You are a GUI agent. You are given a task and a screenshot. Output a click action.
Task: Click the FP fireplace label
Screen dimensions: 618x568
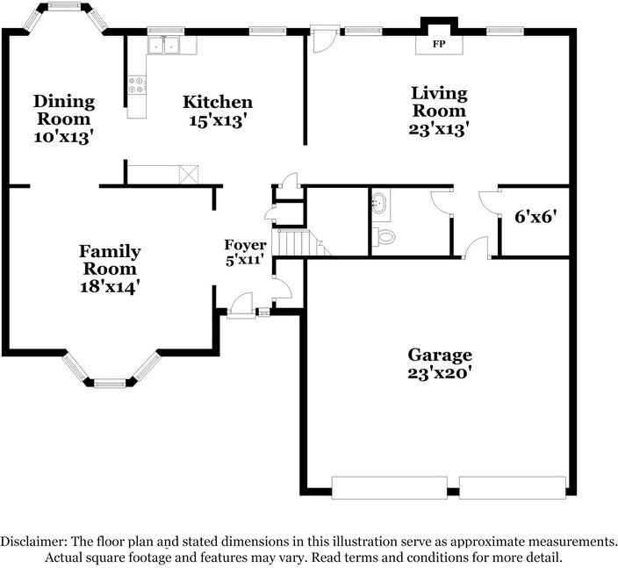(x=439, y=44)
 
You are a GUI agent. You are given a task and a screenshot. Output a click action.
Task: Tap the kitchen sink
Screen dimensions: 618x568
(x=164, y=46)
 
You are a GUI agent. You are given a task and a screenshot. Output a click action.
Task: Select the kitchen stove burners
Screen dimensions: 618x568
(x=136, y=85)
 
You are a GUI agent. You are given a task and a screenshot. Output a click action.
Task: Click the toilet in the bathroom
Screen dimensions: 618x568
(x=384, y=236)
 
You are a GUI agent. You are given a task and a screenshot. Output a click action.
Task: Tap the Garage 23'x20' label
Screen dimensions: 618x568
(x=440, y=363)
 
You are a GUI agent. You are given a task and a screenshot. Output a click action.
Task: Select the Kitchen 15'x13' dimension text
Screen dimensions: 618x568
(x=218, y=120)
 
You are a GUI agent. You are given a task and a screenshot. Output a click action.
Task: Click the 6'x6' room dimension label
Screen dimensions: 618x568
(x=535, y=216)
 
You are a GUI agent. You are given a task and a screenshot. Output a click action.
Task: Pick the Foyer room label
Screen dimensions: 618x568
(x=245, y=245)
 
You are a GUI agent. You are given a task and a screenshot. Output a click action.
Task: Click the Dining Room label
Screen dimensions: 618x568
(x=64, y=110)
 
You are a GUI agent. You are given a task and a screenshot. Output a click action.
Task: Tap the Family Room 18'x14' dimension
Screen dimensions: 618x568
(x=110, y=286)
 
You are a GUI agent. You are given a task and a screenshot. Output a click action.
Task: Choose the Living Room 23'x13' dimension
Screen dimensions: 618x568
(x=439, y=129)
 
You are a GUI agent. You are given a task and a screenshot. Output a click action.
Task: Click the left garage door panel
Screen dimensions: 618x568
(x=390, y=487)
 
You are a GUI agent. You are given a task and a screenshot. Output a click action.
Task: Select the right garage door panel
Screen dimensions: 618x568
(x=513, y=487)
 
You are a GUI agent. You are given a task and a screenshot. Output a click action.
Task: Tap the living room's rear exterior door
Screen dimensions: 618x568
(x=324, y=39)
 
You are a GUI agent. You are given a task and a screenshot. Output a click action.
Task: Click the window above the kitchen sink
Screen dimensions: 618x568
(x=166, y=31)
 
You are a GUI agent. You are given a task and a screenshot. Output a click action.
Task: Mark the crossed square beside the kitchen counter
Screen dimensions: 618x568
(x=189, y=175)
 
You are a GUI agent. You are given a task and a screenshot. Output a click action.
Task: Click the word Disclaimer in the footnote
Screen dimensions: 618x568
(x=33, y=542)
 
